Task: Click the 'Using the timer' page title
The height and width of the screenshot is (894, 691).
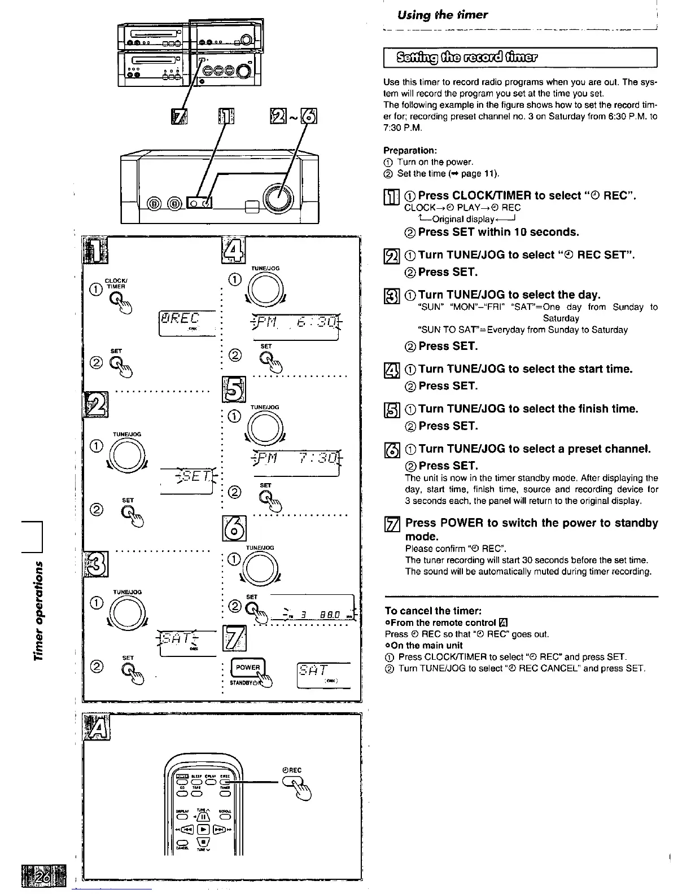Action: (x=442, y=15)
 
